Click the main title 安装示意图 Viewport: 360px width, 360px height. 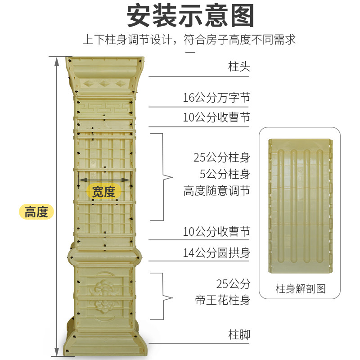190,17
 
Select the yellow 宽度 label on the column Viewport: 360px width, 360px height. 104,192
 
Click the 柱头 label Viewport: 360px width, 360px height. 239,67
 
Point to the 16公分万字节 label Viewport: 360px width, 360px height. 216,98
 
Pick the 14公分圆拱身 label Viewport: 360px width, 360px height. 216,252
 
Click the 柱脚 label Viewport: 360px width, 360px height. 239,334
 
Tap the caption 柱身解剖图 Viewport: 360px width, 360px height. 300,288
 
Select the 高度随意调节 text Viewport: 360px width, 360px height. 216,191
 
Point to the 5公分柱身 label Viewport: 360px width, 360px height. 225,174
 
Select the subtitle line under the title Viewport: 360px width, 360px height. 189,40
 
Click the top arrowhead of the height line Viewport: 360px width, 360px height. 57,61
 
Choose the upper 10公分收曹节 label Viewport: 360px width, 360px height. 216,118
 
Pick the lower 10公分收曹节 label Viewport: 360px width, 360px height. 216,232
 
